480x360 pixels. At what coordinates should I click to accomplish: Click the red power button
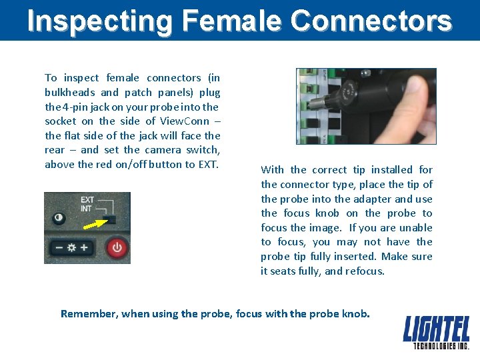[x=117, y=248]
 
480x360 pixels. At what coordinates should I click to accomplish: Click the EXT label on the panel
[x=87, y=199]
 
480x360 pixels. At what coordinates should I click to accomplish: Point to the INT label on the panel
[x=87, y=209]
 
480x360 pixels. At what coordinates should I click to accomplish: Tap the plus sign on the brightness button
[x=85, y=248]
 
